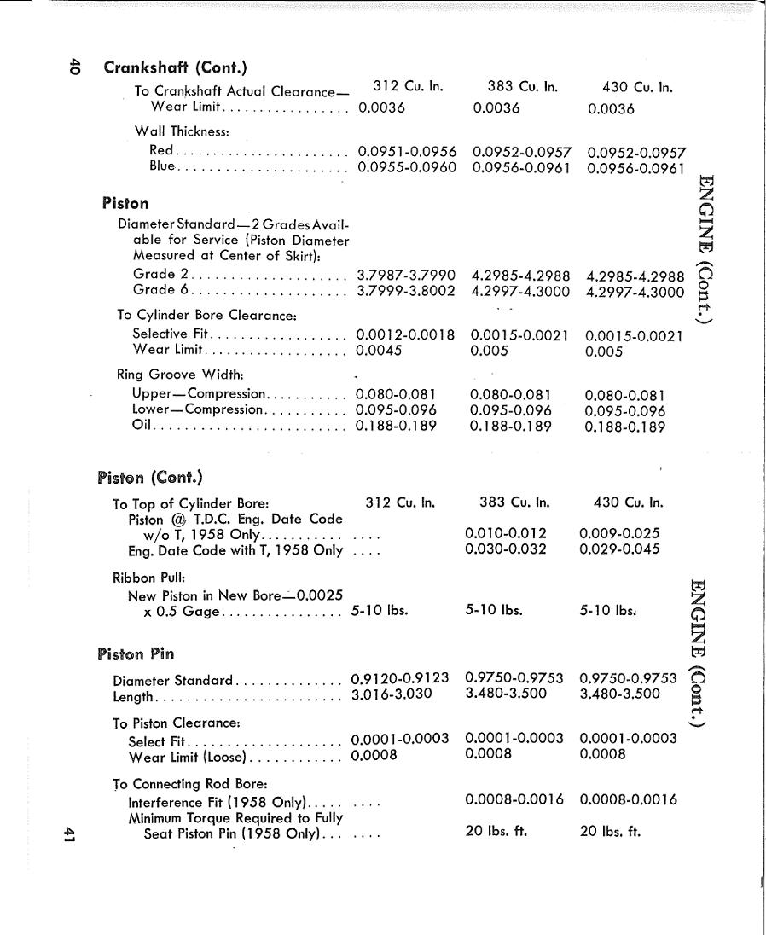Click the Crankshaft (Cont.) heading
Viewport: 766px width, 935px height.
point(176,67)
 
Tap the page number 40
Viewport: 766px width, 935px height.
point(75,67)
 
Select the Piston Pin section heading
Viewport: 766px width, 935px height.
point(136,654)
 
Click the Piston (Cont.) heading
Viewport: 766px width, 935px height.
point(150,477)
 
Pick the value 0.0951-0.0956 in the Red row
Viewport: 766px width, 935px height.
point(407,151)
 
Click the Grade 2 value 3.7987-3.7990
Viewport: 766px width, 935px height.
point(405,275)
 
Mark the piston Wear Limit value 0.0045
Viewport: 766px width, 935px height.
point(379,350)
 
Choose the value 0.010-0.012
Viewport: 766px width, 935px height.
point(506,534)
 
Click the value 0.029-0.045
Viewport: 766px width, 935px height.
point(619,549)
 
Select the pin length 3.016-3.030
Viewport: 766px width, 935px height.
point(392,694)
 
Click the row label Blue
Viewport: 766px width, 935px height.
point(161,166)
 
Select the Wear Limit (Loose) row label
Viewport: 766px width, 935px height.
point(187,756)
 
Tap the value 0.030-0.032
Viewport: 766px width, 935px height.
point(506,549)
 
